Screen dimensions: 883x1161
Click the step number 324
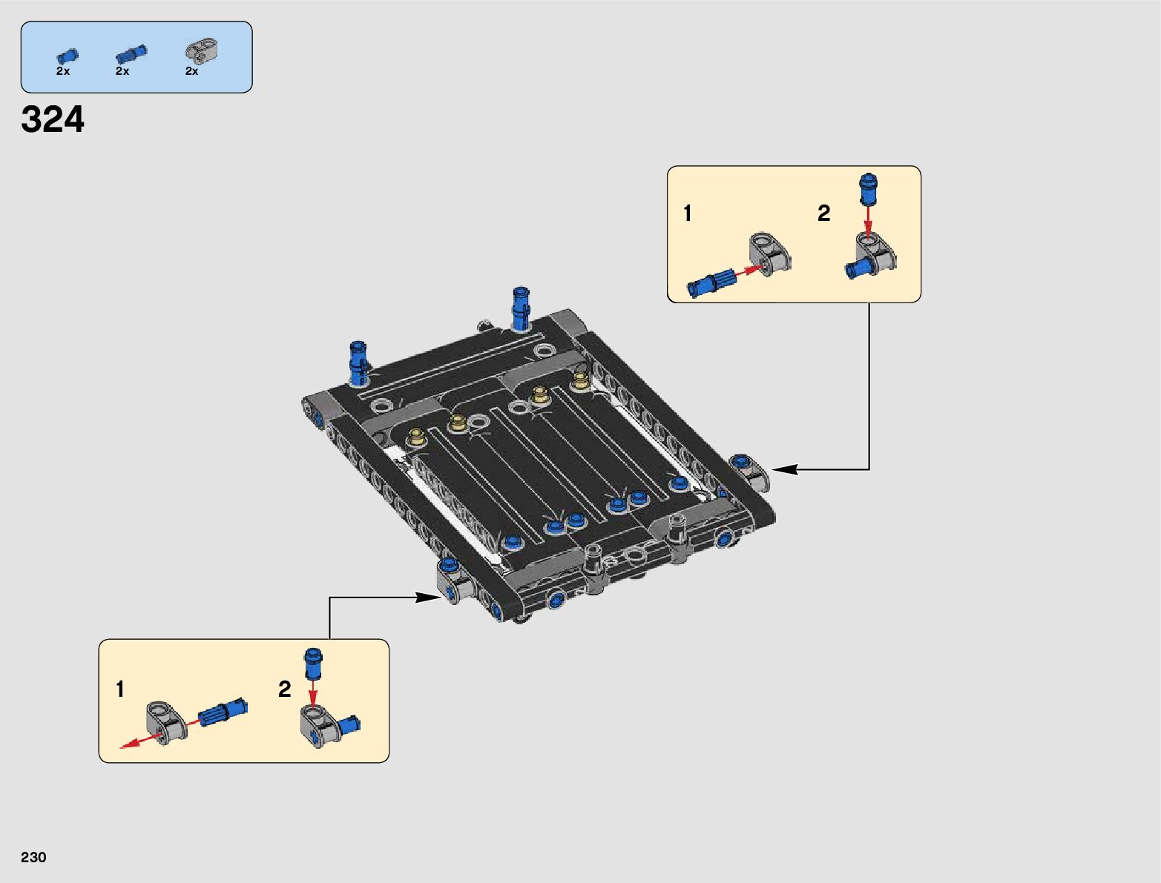point(53,119)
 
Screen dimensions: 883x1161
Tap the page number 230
point(33,857)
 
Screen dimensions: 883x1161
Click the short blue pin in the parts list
point(67,56)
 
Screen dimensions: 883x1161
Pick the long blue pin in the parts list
point(131,54)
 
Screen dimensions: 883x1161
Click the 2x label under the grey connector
point(191,71)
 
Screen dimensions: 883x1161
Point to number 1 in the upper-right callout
point(688,214)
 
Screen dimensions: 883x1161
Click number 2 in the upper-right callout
point(823,214)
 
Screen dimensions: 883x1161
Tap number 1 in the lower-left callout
point(119,689)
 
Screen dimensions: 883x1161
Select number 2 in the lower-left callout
point(284,689)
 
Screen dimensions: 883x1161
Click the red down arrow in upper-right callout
point(868,218)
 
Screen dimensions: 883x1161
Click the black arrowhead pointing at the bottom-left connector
point(429,598)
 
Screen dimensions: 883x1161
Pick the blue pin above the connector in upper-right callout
point(868,188)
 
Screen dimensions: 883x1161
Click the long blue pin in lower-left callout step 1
point(223,712)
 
